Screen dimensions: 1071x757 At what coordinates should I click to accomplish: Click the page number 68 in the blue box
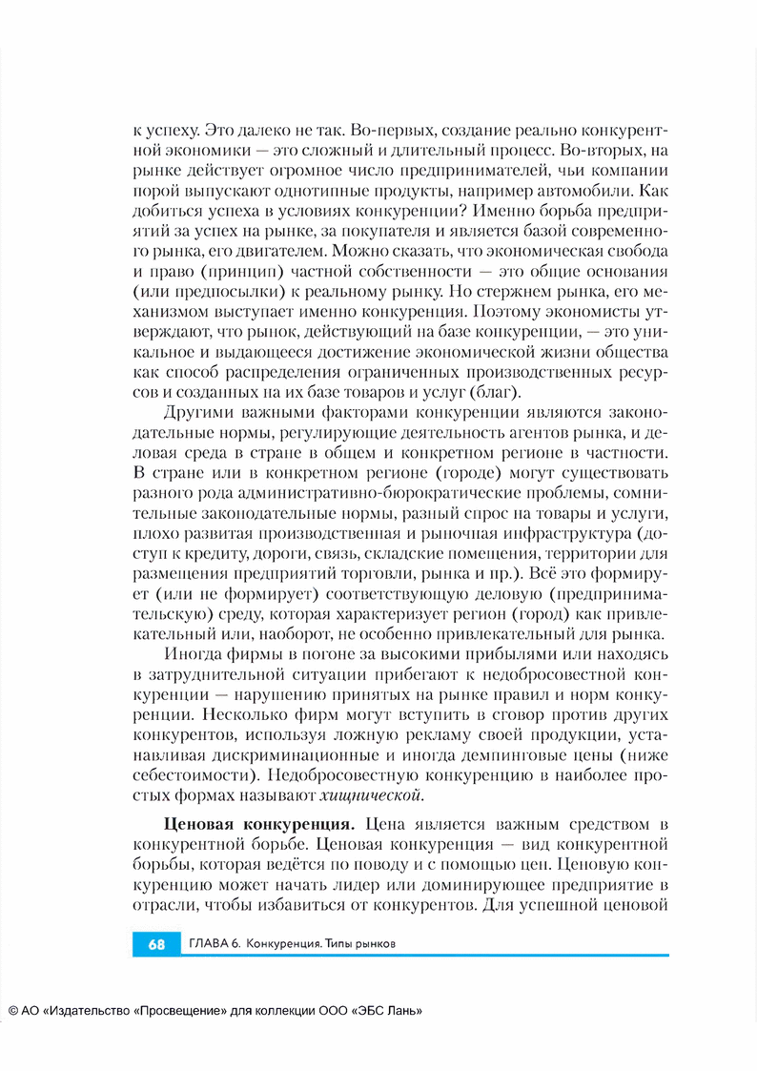click(157, 944)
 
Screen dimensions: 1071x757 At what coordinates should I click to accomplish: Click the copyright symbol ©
click(13, 1011)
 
